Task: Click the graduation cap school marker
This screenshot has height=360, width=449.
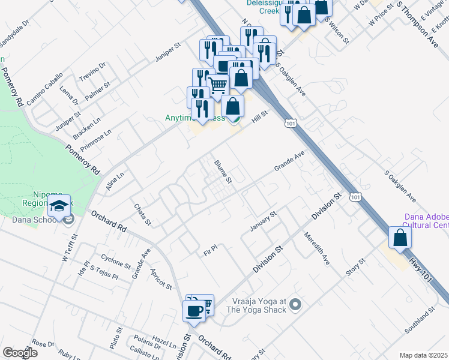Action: click(59, 207)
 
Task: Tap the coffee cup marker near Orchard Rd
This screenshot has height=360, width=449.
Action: click(194, 311)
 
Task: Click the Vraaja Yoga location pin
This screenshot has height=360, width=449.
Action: click(294, 305)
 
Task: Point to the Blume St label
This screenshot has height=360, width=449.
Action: click(223, 171)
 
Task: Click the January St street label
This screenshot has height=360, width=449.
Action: click(263, 221)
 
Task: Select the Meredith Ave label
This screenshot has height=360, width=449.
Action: click(316, 248)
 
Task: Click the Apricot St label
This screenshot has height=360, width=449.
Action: click(161, 279)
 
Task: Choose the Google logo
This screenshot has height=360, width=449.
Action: click(20, 353)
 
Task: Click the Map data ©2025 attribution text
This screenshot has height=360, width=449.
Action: click(423, 355)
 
